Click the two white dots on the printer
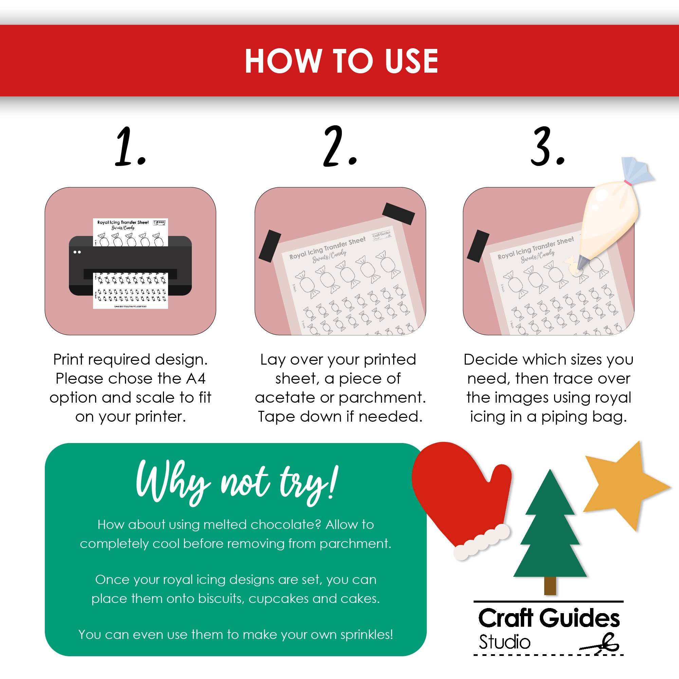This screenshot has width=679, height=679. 77,252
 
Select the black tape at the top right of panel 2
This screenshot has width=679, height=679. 398,214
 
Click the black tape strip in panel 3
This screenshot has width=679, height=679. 478,246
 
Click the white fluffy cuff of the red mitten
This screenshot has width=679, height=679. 481,542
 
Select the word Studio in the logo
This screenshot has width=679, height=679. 504,642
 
